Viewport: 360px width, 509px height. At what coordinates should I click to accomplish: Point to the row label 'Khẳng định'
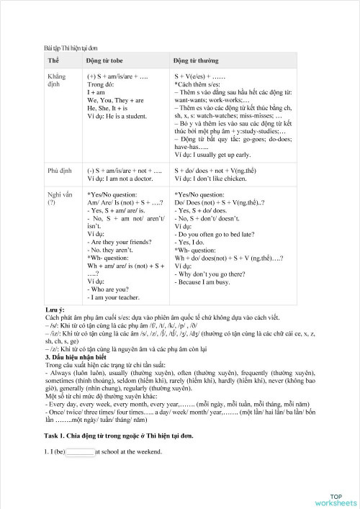[57, 79]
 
